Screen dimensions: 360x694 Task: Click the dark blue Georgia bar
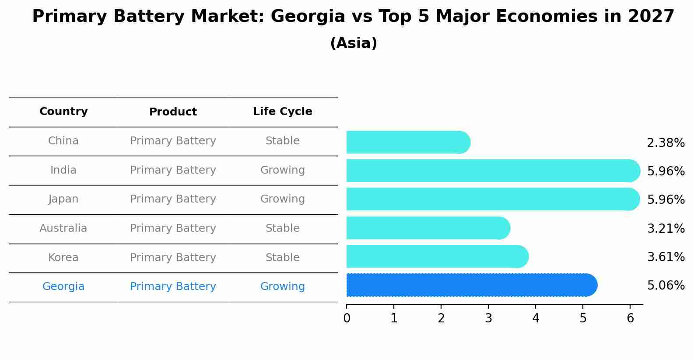[x=471, y=285]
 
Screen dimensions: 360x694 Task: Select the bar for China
[x=408, y=142]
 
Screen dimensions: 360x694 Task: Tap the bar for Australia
[x=428, y=228]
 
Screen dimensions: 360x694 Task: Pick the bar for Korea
[x=437, y=256]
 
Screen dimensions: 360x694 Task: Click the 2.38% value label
[x=665, y=143]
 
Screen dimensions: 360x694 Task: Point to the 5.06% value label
[x=665, y=286]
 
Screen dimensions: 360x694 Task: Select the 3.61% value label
[x=665, y=257]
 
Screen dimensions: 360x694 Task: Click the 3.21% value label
[x=665, y=228]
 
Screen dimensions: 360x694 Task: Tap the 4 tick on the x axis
[x=536, y=318]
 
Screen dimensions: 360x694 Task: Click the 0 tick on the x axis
[x=347, y=318]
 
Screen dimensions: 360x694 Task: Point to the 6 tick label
[x=630, y=318]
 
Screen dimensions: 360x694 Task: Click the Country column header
[x=63, y=112]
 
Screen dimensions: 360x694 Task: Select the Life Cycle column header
[x=282, y=112]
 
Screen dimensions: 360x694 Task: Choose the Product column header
[x=173, y=112]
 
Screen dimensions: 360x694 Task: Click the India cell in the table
[x=63, y=170]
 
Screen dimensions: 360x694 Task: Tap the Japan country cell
[x=63, y=199]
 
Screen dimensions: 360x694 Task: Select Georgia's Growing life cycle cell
[x=282, y=287]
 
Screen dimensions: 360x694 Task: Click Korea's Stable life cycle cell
[x=282, y=258]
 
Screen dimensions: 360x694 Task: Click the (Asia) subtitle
[x=353, y=43]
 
